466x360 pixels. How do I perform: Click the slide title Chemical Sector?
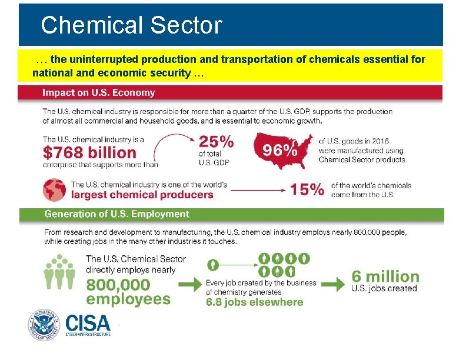coord(131,25)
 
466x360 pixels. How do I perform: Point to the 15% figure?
coord(307,189)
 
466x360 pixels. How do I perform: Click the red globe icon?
coord(54,189)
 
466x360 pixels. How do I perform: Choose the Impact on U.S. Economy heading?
coord(98,92)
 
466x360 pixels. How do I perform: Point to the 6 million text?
coord(385,276)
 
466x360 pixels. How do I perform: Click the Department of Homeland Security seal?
coord(44,325)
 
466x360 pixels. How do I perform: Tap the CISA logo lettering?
coord(88,322)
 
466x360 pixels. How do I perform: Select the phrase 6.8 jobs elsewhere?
coord(254,302)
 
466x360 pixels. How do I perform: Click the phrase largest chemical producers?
coord(142,195)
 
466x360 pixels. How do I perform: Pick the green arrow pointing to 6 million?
coord(332,284)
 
